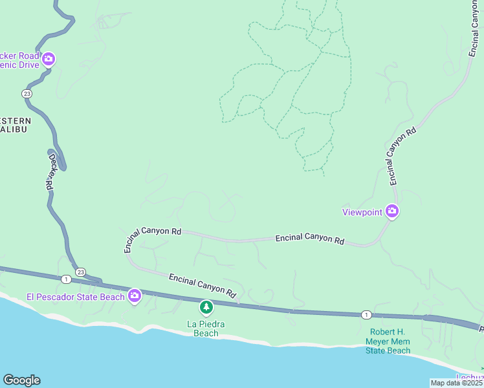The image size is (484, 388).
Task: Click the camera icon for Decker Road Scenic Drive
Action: tap(49, 60)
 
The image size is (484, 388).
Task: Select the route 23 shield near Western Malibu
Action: tap(27, 94)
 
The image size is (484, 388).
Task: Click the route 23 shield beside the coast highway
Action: tap(80, 272)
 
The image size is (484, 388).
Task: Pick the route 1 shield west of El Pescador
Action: tap(66, 279)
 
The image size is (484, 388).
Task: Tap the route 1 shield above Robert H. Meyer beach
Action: tap(366, 314)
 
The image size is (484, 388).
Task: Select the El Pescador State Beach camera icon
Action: tap(135, 296)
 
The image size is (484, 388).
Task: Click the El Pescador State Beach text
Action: tap(75, 297)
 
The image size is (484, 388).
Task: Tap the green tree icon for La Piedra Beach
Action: tap(206, 307)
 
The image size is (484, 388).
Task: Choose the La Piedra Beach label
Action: tap(206, 329)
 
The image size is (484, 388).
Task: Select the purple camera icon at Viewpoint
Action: tap(391, 211)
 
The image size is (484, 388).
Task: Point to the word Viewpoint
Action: tap(362, 212)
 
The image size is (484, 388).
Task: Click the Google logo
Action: tap(21, 380)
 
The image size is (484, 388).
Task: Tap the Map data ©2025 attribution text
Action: tap(456, 383)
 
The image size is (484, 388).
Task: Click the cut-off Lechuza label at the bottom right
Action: tap(470, 378)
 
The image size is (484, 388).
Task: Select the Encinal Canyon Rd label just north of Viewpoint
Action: tap(401, 155)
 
